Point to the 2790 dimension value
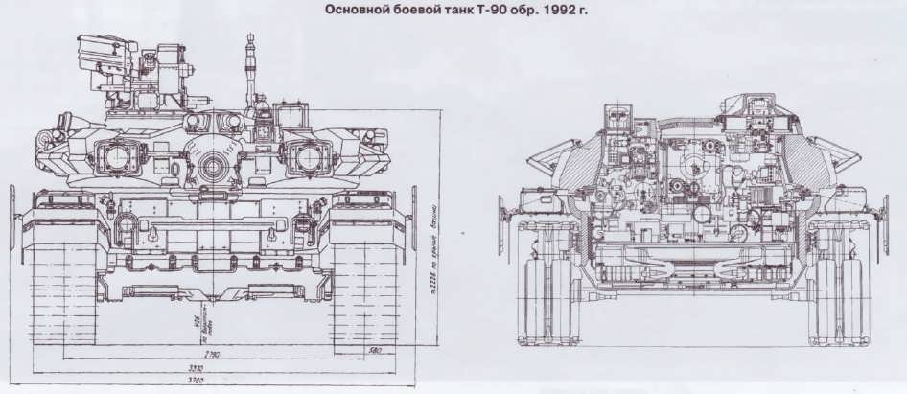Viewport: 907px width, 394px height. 212,355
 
